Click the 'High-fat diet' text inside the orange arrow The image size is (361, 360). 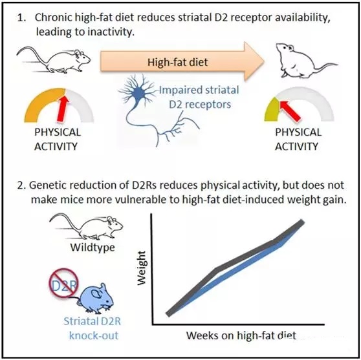177,62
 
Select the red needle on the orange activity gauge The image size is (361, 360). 63,107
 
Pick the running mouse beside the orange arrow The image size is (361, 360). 54,59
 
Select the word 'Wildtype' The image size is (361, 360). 93,248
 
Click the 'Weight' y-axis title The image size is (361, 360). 142,268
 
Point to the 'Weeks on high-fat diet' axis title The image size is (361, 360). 241,335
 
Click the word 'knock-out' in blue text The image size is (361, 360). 94,335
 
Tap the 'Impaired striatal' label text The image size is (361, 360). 199,90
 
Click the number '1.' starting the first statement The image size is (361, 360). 22,17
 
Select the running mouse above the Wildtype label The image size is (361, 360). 86,227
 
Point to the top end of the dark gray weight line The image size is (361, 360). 302,222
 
